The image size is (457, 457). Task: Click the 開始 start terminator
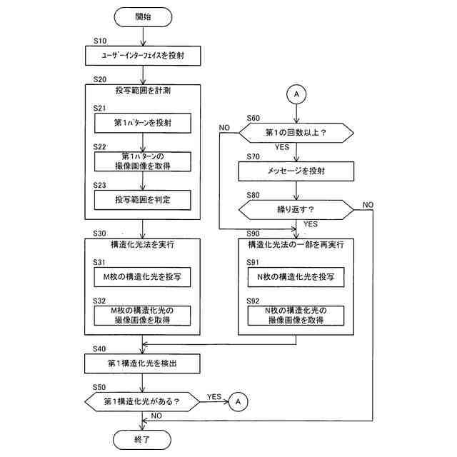coord(143,17)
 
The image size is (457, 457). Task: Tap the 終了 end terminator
coord(142,440)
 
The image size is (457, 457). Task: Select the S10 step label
coord(100,41)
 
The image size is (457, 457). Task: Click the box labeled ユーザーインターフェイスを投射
coord(143,56)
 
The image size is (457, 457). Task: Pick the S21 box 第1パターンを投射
coord(143,123)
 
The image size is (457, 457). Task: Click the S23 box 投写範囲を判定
coord(143,200)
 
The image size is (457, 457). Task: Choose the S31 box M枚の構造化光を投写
coord(142,277)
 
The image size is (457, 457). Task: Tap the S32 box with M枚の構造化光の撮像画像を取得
coord(142,316)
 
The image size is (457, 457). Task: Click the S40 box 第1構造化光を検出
coord(142,363)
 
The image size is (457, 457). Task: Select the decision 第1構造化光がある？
coord(142,401)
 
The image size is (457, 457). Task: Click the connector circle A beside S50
coord(238,401)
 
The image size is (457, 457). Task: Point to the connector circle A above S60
coord(296,94)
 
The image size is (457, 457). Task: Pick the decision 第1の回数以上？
coord(296,133)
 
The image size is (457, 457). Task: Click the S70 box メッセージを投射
coord(296,171)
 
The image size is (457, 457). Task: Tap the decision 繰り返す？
coord(296,209)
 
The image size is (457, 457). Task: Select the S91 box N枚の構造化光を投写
coord(296,277)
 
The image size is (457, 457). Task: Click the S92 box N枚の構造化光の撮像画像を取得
coord(296,316)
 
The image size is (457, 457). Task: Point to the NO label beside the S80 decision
coord(368,205)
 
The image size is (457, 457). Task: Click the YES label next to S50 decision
coord(214,397)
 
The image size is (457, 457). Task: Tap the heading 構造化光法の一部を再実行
coord(296,244)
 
